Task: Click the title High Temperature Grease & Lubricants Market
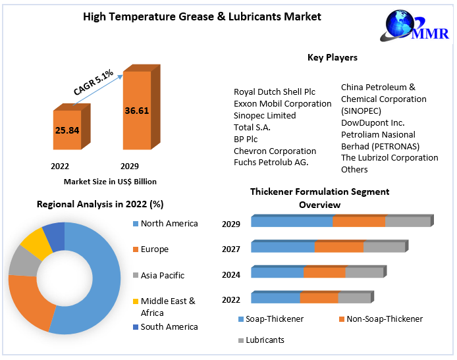click(x=202, y=16)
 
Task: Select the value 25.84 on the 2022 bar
click(x=67, y=130)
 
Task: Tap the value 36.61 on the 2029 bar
click(x=136, y=111)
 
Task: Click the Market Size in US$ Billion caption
click(x=110, y=181)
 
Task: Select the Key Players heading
click(x=332, y=58)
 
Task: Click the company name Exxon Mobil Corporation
click(x=282, y=103)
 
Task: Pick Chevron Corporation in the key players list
click(x=275, y=151)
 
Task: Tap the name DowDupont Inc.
click(x=372, y=122)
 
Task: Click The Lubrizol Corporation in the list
click(x=389, y=158)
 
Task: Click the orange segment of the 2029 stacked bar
click(x=359, y=222)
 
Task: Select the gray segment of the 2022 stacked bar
click(x=354, y=298)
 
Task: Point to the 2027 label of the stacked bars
click(x=231, y=249)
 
